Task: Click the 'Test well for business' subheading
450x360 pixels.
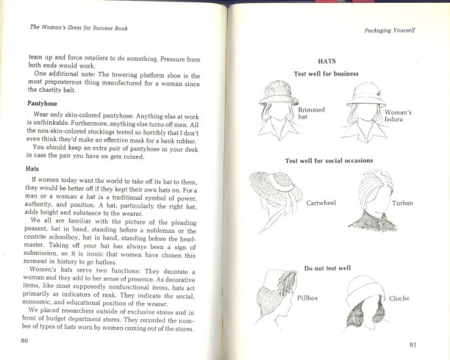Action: point(326,73)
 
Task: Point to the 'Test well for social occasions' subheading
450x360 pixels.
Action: point(329,160)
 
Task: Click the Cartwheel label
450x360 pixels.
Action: point(322,203)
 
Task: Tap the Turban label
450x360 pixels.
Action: point(403,203)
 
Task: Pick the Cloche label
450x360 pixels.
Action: point(399,299)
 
